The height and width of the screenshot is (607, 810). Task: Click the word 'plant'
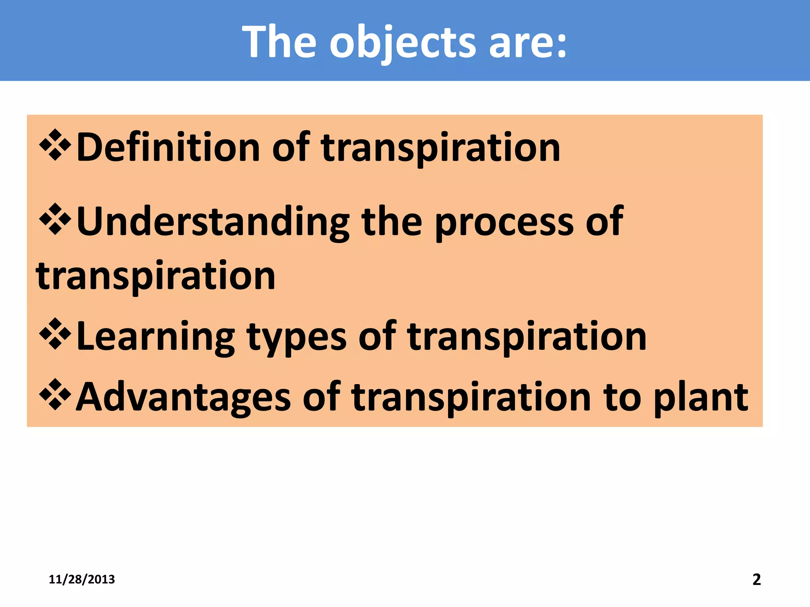click(x=700, y=397)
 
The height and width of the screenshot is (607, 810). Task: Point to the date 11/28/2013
click(x=81, y=579)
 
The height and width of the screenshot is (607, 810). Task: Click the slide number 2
click(x=756, y=579)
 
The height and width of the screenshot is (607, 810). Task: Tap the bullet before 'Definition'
click(x=55, y=145)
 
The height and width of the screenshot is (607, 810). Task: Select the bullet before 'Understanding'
click(x=55, y=219)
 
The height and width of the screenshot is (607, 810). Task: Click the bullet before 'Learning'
click(x=55, y=334)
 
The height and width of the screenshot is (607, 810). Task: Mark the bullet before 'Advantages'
click(x=55, y=394)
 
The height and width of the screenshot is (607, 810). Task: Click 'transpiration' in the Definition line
click(x=441, y=147)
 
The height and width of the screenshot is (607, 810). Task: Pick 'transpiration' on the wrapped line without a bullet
click(x=155, y=275)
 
